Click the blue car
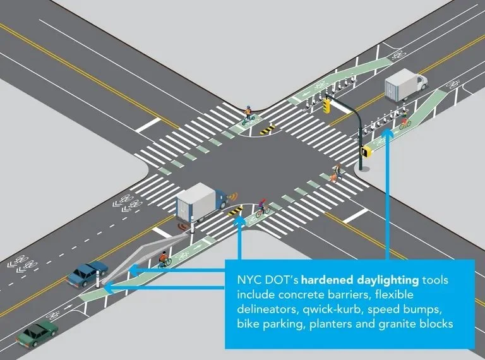point(88,272)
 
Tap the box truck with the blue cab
point(201,201)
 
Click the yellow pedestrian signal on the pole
point(366,151)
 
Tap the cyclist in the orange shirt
point(164,258)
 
